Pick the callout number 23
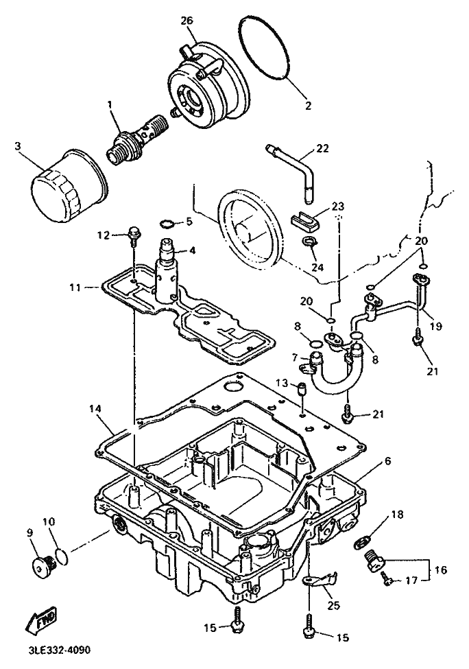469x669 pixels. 338,206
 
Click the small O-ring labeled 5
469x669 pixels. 166,223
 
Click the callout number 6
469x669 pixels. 387,462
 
